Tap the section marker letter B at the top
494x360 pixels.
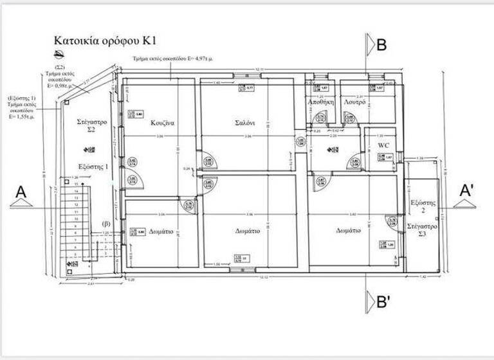click(381, 45)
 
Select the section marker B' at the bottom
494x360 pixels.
click(381, 300)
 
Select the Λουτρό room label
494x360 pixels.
click(355, 102)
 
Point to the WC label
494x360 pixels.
click(383, 145)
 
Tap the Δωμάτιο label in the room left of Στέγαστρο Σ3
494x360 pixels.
click(348, 230)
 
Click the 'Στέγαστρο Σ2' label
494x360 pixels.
click(91, 125)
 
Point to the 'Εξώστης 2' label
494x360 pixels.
click(423, 206)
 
